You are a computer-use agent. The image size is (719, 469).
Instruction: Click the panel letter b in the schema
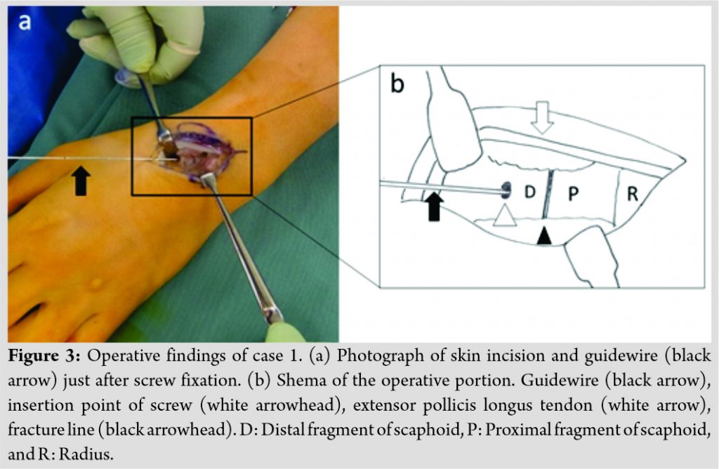pyautogui.click(x=397, y=84)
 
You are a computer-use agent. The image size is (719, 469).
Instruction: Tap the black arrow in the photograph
pyautogui.click(x=81, y=179)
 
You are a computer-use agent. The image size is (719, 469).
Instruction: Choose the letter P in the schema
pyautogui.click(x=573, y=194)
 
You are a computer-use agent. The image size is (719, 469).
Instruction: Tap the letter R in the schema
pyautogui.click(x=632, y=194)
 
